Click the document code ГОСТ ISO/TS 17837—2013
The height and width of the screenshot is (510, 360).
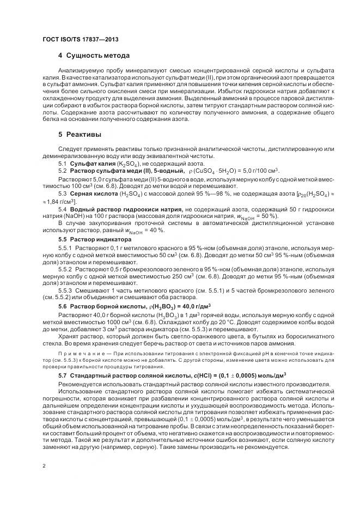click(x=80, y=40)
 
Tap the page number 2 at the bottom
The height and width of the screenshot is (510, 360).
click(x=43, y=466)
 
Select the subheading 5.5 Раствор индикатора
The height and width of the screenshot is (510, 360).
click(x=89, y=239)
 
